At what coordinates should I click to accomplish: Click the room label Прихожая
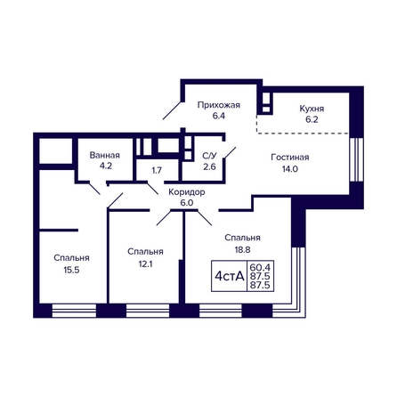point(219,105)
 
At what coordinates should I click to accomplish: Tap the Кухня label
point(312,109)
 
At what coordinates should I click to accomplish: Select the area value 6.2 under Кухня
point(312,119)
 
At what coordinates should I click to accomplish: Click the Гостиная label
point(290,158)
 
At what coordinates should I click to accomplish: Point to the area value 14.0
point(290,169)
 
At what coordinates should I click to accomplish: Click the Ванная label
point(105,155)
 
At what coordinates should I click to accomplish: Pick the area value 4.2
point(106,166)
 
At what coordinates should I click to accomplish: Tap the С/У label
point(209,156)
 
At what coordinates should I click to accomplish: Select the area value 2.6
point(209,166)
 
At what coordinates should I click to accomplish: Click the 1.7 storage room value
point(157,171)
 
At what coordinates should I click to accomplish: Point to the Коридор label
point(187,192)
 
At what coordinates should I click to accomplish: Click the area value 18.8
point(242,250)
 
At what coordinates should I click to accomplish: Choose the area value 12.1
point(145,263)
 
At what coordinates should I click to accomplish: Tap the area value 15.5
point(71,270)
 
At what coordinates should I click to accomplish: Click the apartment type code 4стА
point(230,277)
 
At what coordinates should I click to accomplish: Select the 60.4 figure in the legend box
point(260,266)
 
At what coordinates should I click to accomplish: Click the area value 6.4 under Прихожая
point(219,116)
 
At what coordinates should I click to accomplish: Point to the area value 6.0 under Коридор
point(187,203)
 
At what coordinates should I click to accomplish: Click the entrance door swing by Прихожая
point(173,110)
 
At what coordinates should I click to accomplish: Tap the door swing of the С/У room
point(231,153)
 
